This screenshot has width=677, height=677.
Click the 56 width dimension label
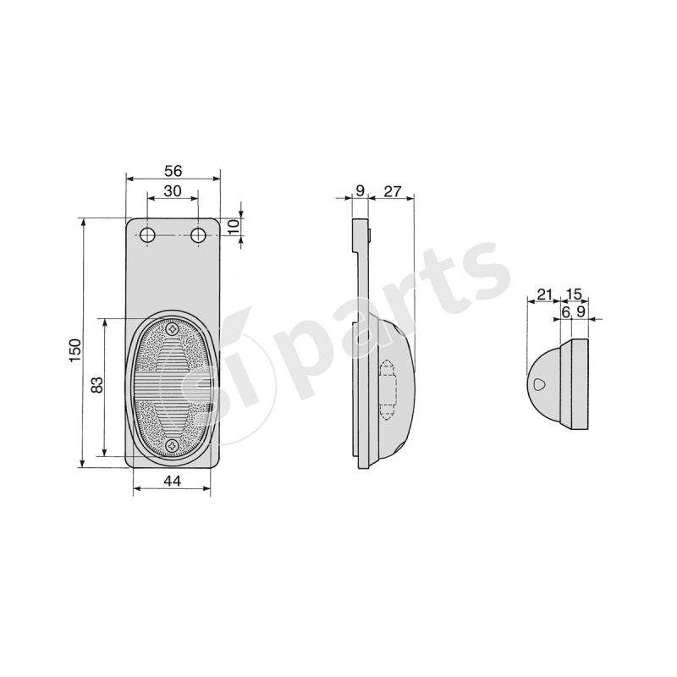point(173,171)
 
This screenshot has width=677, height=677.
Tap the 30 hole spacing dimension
point(173,190)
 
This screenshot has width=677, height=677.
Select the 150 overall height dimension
point(74,350)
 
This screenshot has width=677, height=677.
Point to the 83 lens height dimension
point(97,385)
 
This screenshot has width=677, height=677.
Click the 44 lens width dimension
point(172,480)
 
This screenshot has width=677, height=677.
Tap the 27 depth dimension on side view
point(393,191)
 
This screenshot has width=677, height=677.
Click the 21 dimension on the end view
point(544,294)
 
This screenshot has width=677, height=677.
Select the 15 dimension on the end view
point(574,294)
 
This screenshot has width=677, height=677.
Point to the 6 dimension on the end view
point(565,311)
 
